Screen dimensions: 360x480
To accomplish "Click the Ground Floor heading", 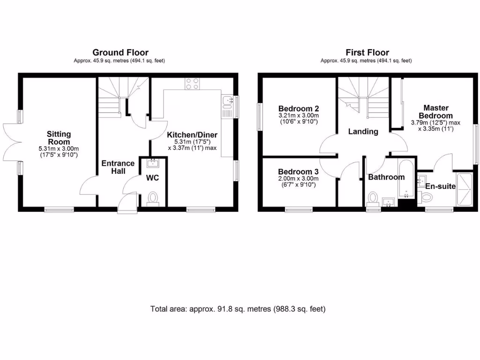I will [120, 52].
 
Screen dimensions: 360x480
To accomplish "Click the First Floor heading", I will [367, 52].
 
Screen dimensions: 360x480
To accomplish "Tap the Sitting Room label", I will [59, 138].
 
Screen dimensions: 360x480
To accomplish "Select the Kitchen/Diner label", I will [192, 135].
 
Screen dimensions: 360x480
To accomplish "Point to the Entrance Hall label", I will [118, 167].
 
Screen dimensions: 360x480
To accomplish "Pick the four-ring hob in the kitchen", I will [192, 83].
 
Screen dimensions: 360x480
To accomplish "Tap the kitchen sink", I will [228, 99].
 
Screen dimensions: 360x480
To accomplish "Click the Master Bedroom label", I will [435, 112].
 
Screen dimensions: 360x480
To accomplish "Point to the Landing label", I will [363, 132].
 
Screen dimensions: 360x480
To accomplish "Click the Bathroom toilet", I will [374, 197].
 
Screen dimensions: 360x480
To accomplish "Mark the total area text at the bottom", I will [238, 309].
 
